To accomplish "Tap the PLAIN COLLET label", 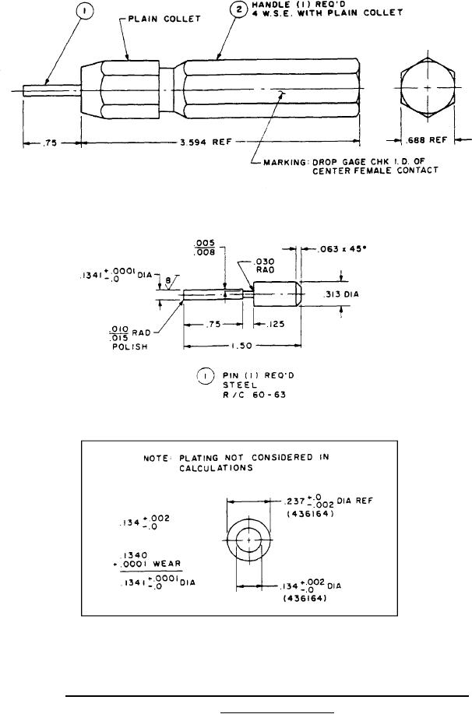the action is click(x=164, y=19).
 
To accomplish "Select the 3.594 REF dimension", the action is click(x=206, y=142).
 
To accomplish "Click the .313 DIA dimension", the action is click(x=341, y=294).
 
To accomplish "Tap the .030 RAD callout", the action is click(x=265, y=266).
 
